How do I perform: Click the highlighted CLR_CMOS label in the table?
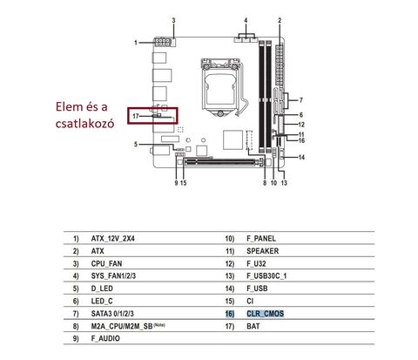(x=265, y=314)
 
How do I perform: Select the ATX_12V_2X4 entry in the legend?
(x=113, y=239)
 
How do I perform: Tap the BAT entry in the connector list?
(x=253, y=326)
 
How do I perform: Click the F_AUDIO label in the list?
(x=105, y=338)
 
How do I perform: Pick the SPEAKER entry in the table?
(x=262, y=251)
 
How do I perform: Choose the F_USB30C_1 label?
(x=266, y=276)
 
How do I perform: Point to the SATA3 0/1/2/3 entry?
(x=112, y=314)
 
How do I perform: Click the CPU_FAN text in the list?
(x=106, y=264)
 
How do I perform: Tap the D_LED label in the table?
(x=102, y=289)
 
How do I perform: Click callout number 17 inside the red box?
(x=136, y=116)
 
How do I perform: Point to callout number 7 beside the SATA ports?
(x=301, y=100)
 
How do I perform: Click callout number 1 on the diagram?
(x=136, y=43)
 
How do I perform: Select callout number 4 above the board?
(x=246, y=20)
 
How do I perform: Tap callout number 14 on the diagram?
(x=301, y=158)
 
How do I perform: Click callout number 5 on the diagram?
(x=136, y=145)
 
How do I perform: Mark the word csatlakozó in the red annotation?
(x=84, y=124)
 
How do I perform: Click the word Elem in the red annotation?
(x=69, y=106)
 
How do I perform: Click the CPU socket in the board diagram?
(x=221, y=87)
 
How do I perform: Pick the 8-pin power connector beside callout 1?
(x=162, y=43)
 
